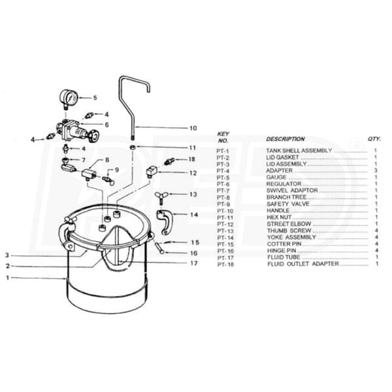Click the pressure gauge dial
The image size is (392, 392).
(x=69, y=97)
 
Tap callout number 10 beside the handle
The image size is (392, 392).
(x=193, y=128)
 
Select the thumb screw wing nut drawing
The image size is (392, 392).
(x=161, y=196)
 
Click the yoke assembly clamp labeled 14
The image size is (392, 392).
(x=165, y=221)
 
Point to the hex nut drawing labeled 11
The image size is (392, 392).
(x=133, y=147)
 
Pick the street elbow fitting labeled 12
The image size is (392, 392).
(x=152, y=171)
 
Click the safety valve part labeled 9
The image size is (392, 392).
(x=108, y=180)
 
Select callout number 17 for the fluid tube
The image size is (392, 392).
(x=194, y=263)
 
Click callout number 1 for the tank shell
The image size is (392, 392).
(x=8, y=278)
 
